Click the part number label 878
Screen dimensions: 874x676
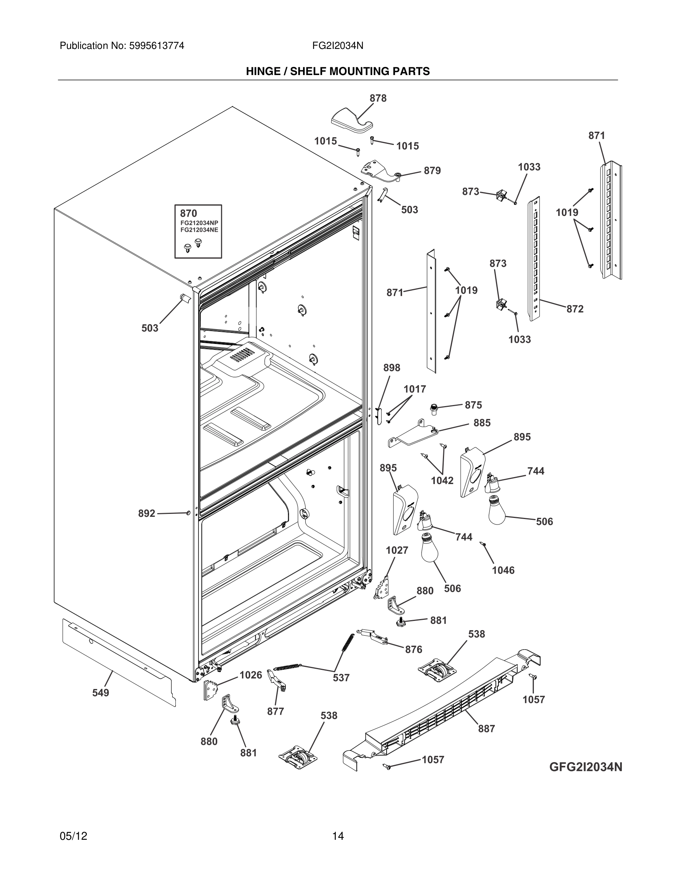(378, 99)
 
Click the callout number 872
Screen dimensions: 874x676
(575, 309)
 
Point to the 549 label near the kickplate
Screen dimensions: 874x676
(101, 693)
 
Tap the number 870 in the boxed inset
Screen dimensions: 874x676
(188, 213)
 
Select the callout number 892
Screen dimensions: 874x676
(147, 514)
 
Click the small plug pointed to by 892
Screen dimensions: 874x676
(188, 513)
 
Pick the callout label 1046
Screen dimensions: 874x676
(503, 570)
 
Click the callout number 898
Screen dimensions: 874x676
(391, 368)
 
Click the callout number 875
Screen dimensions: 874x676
(473, 405)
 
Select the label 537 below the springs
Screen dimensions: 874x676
(341, 678)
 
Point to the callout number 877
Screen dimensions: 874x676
(275, 711)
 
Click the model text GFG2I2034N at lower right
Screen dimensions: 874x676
(585, 767)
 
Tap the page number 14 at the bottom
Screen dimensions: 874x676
(338, 836)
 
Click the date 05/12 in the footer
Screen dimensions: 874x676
(73, 836)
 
